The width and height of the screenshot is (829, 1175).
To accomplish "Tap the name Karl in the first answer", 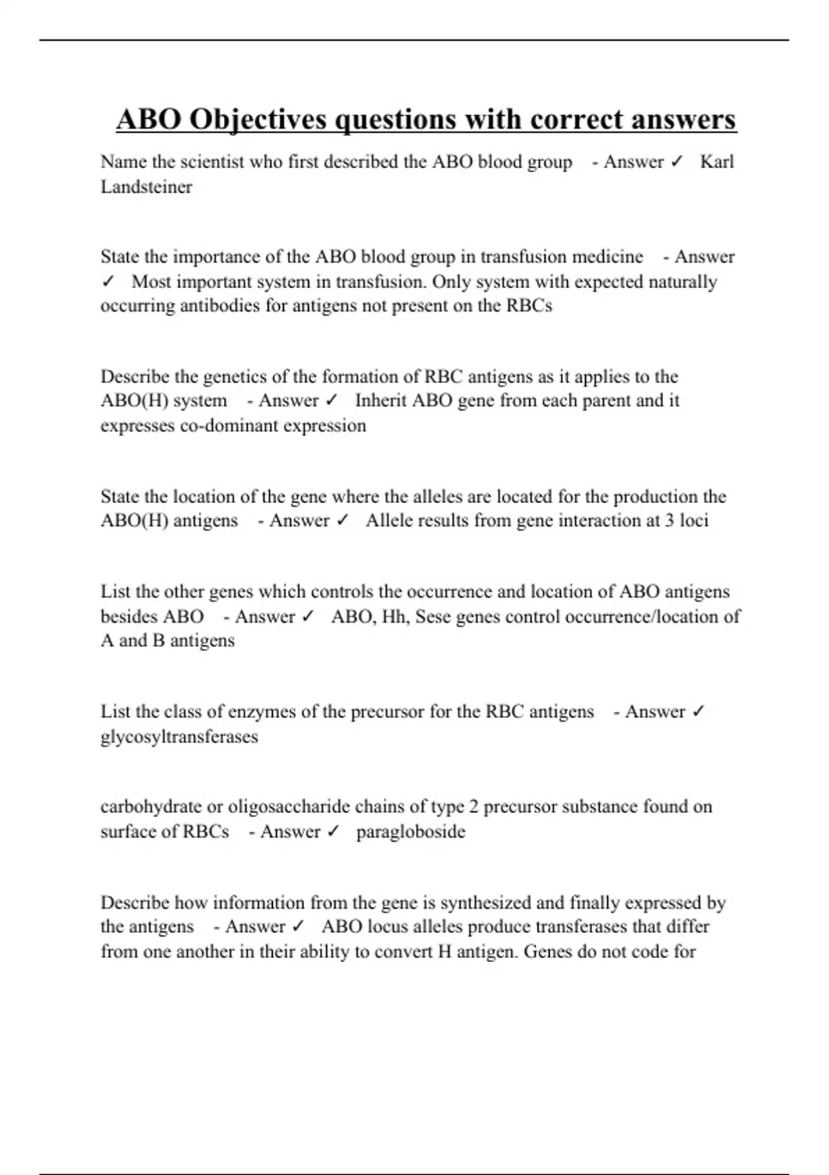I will click(716, 162).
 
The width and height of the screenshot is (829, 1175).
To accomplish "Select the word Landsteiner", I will click(146, 187).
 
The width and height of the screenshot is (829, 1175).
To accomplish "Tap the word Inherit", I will click(381, 401).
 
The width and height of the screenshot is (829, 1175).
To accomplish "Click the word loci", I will click(694, 520).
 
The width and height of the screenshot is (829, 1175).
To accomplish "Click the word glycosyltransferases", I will click(179, 737).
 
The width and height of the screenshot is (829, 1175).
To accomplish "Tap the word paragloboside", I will click(410, 831).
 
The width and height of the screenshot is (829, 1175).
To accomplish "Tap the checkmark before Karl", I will click(677, 162).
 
